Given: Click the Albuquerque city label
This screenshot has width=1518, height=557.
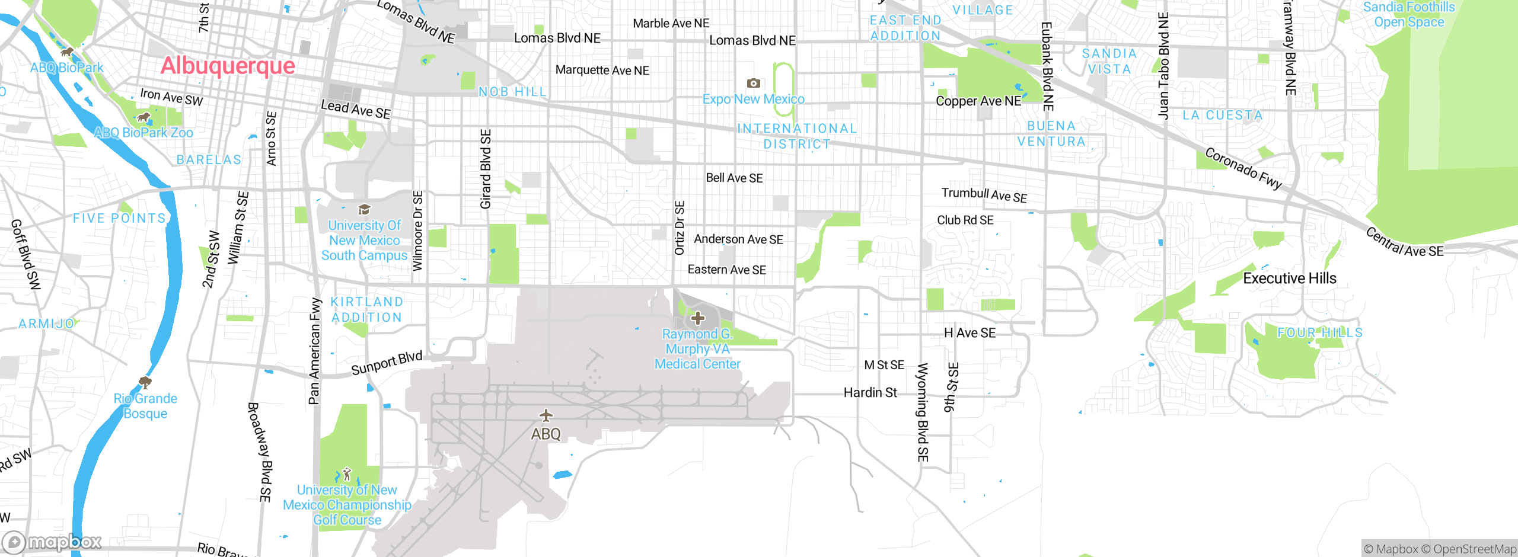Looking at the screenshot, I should [x=228, y=66].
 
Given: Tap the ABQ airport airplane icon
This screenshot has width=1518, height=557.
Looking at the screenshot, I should [x=546, y=415].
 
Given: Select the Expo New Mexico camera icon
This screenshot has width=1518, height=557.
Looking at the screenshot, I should [x=753, y=83].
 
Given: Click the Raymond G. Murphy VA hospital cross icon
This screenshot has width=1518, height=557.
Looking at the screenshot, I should [x=698, y=318].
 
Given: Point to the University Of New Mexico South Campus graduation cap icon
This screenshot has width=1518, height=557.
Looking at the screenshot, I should [x=364, y=210].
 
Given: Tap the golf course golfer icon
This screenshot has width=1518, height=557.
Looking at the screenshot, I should [x=347, y=475].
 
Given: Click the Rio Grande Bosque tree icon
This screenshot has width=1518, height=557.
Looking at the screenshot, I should [x=145, y=382].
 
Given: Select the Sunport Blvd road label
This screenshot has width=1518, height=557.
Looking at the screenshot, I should [x=387, y=363].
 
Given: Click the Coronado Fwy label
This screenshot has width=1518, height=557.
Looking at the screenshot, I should [x=1243, y=169].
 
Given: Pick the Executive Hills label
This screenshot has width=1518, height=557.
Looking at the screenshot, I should [x=1290, y=278].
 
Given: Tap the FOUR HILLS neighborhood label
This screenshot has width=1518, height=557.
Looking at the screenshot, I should [x=1320, y=333].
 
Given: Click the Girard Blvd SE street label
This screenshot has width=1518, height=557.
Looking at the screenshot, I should [x=486, y=169].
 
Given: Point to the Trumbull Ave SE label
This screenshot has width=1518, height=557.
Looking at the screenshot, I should [x=984, y=195].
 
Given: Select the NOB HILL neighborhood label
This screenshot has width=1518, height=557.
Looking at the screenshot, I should [x=513, y=92].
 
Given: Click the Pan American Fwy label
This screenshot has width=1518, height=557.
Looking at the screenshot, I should [x=314, y=352].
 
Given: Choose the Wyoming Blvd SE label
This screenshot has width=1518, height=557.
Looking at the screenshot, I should [x=923, y=413].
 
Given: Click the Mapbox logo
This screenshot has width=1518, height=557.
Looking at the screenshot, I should [x=52, y=542].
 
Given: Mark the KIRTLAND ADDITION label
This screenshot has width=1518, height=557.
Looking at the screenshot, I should [x=367, y=310].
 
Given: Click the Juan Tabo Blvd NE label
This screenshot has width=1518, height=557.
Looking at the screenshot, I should [x=1163, y=66].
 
